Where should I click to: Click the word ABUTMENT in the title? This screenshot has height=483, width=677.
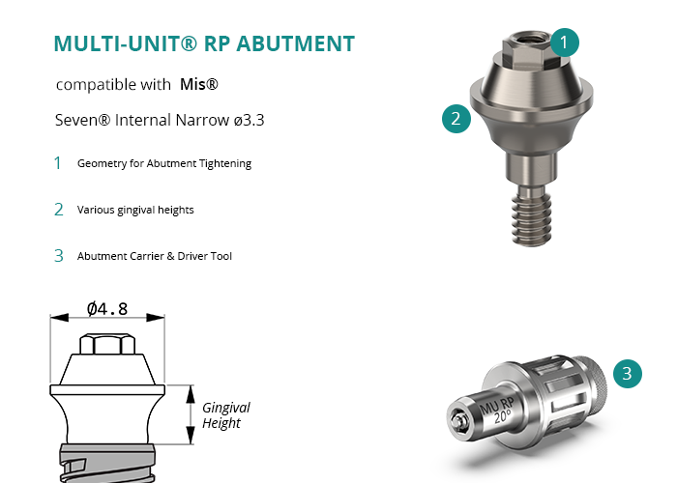pyautogui.click(x=296, y=43)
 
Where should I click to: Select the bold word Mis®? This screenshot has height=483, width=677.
pyautogui.click(x=199, y=84)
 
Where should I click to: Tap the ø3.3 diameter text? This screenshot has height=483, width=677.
pyautogui.click(x=249, y=120)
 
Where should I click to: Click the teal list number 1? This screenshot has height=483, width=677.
pyautogui.click(x=58, y=163)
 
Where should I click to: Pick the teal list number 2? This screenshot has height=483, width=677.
pyautogui.click(x=59, y=210)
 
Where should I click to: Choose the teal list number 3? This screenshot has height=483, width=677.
pyautogui.click(x=59, y=256)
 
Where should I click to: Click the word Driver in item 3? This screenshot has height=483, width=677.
pyautogui.click(x=192, y=256)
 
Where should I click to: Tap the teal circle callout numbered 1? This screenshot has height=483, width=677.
pyautogui.click(x=564, y=43)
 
